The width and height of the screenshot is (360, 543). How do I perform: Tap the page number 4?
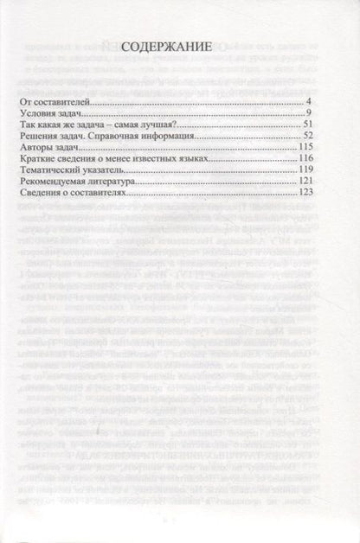(307, 103)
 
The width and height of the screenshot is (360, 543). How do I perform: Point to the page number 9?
(307, 114)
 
